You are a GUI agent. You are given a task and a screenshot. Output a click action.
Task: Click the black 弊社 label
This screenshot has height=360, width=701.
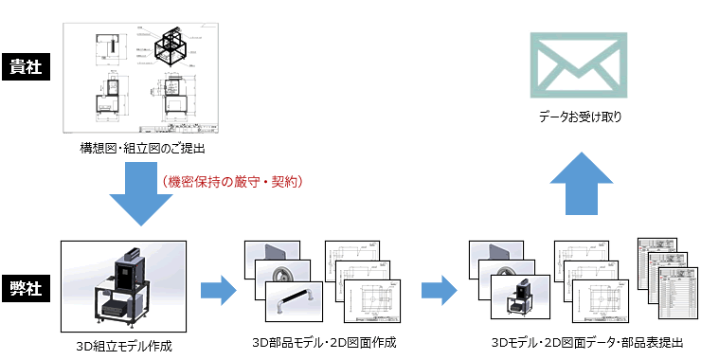click(25, 287)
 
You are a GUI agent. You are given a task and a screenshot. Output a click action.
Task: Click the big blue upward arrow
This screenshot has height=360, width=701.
click(579, 185)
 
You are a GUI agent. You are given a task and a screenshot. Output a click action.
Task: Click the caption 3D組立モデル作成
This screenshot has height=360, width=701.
click(124, 345)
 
